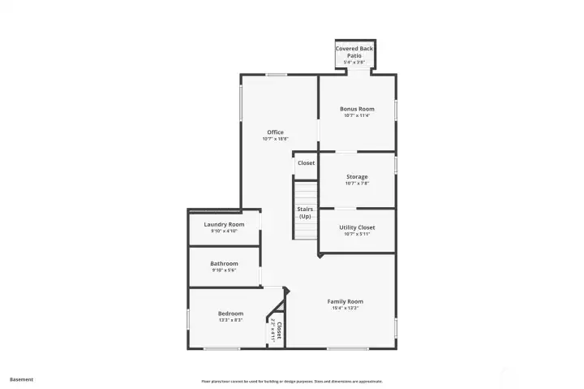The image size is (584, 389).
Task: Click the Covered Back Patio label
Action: [x=354, y=51]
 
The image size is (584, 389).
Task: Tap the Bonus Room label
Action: [x=357, y=109]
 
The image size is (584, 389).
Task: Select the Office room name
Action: [x=275, y=132]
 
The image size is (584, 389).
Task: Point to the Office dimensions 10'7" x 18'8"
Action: [x=275, y=139]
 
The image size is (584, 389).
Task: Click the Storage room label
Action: [x=357, y=177]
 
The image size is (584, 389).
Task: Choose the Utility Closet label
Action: [x=357, y=227]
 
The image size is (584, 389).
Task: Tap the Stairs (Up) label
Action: [x=305, y=213]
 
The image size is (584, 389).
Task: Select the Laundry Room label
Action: [x=224, y=224]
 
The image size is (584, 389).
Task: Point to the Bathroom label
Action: [x=224, y=263]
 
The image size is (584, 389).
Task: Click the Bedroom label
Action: [x=230, y=313]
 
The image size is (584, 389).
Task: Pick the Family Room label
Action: [x=345, y=301]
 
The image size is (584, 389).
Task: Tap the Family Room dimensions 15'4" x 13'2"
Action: [x=345, y=309]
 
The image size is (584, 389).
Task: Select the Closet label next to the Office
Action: [x=306, y=163]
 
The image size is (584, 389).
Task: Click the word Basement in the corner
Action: [x=21, y=379]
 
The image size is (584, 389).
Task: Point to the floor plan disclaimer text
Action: [x=292, y=381]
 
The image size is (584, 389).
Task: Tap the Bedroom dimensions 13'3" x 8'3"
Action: [x=230, y=320]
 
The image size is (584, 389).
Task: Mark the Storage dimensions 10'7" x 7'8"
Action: [x=357, y=184]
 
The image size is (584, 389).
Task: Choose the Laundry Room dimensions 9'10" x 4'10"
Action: [x=224, y=231]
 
